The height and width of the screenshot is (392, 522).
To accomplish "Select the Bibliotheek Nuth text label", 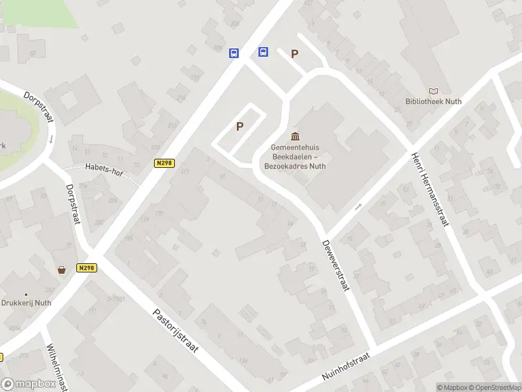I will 433,101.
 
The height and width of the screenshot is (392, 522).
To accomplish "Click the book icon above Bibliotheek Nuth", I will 433,91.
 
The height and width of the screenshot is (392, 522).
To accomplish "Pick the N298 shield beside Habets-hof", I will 165,163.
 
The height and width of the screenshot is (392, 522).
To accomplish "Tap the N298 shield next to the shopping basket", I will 87,268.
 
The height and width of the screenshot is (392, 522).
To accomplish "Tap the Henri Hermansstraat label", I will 431,189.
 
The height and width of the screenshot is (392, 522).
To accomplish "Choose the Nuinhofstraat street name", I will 346,368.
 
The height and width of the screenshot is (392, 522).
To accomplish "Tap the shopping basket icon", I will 62,269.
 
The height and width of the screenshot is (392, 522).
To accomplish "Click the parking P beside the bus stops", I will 295,54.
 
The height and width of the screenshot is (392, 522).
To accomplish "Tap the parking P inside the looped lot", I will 240,126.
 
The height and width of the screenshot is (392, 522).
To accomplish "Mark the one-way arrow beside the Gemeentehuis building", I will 358,207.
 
